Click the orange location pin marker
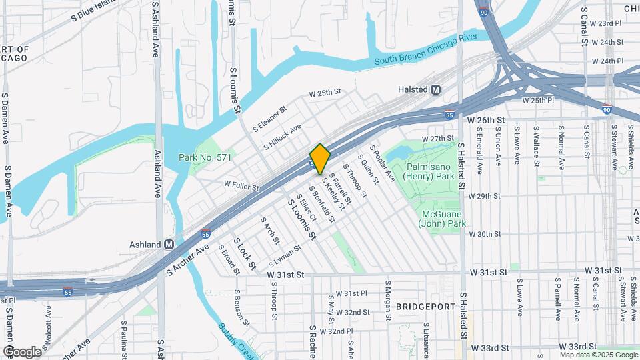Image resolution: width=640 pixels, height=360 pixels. coord(320,159)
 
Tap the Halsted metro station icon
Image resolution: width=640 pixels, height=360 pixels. coord(436,89)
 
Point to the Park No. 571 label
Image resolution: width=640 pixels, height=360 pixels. coord(205,157)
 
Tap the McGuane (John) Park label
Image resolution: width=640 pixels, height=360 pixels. coord(442,219)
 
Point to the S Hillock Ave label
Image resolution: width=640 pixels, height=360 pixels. coord(282,135)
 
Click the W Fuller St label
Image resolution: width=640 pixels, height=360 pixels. coord(241,185)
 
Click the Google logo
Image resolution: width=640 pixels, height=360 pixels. coord(22,351)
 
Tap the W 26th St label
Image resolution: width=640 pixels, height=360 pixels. coord(487,120)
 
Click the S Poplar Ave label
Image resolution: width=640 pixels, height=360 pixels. coord(382,163)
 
